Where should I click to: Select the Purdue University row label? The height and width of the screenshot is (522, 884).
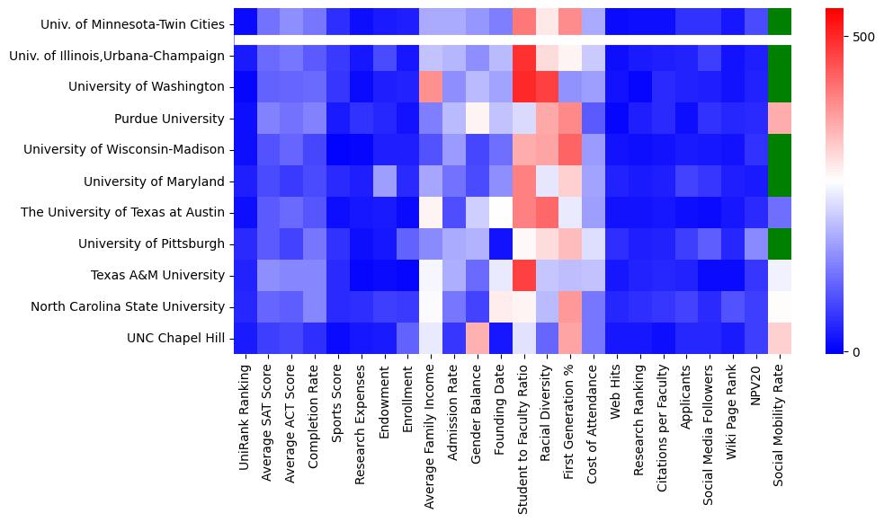[x=169, y=119]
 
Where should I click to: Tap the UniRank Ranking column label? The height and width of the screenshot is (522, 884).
[x=245, y=413]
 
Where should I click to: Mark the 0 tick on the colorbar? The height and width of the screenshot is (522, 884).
[x=854, y=351]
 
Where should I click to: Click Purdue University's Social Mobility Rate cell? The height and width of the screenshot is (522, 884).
[x=780, y=119]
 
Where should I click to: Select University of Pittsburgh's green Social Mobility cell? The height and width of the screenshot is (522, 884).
[x=780, y=243]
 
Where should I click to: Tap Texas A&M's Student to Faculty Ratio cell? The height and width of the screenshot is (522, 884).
[x=523, y=275]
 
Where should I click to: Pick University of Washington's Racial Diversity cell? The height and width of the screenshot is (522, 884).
[x=547, y=87]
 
